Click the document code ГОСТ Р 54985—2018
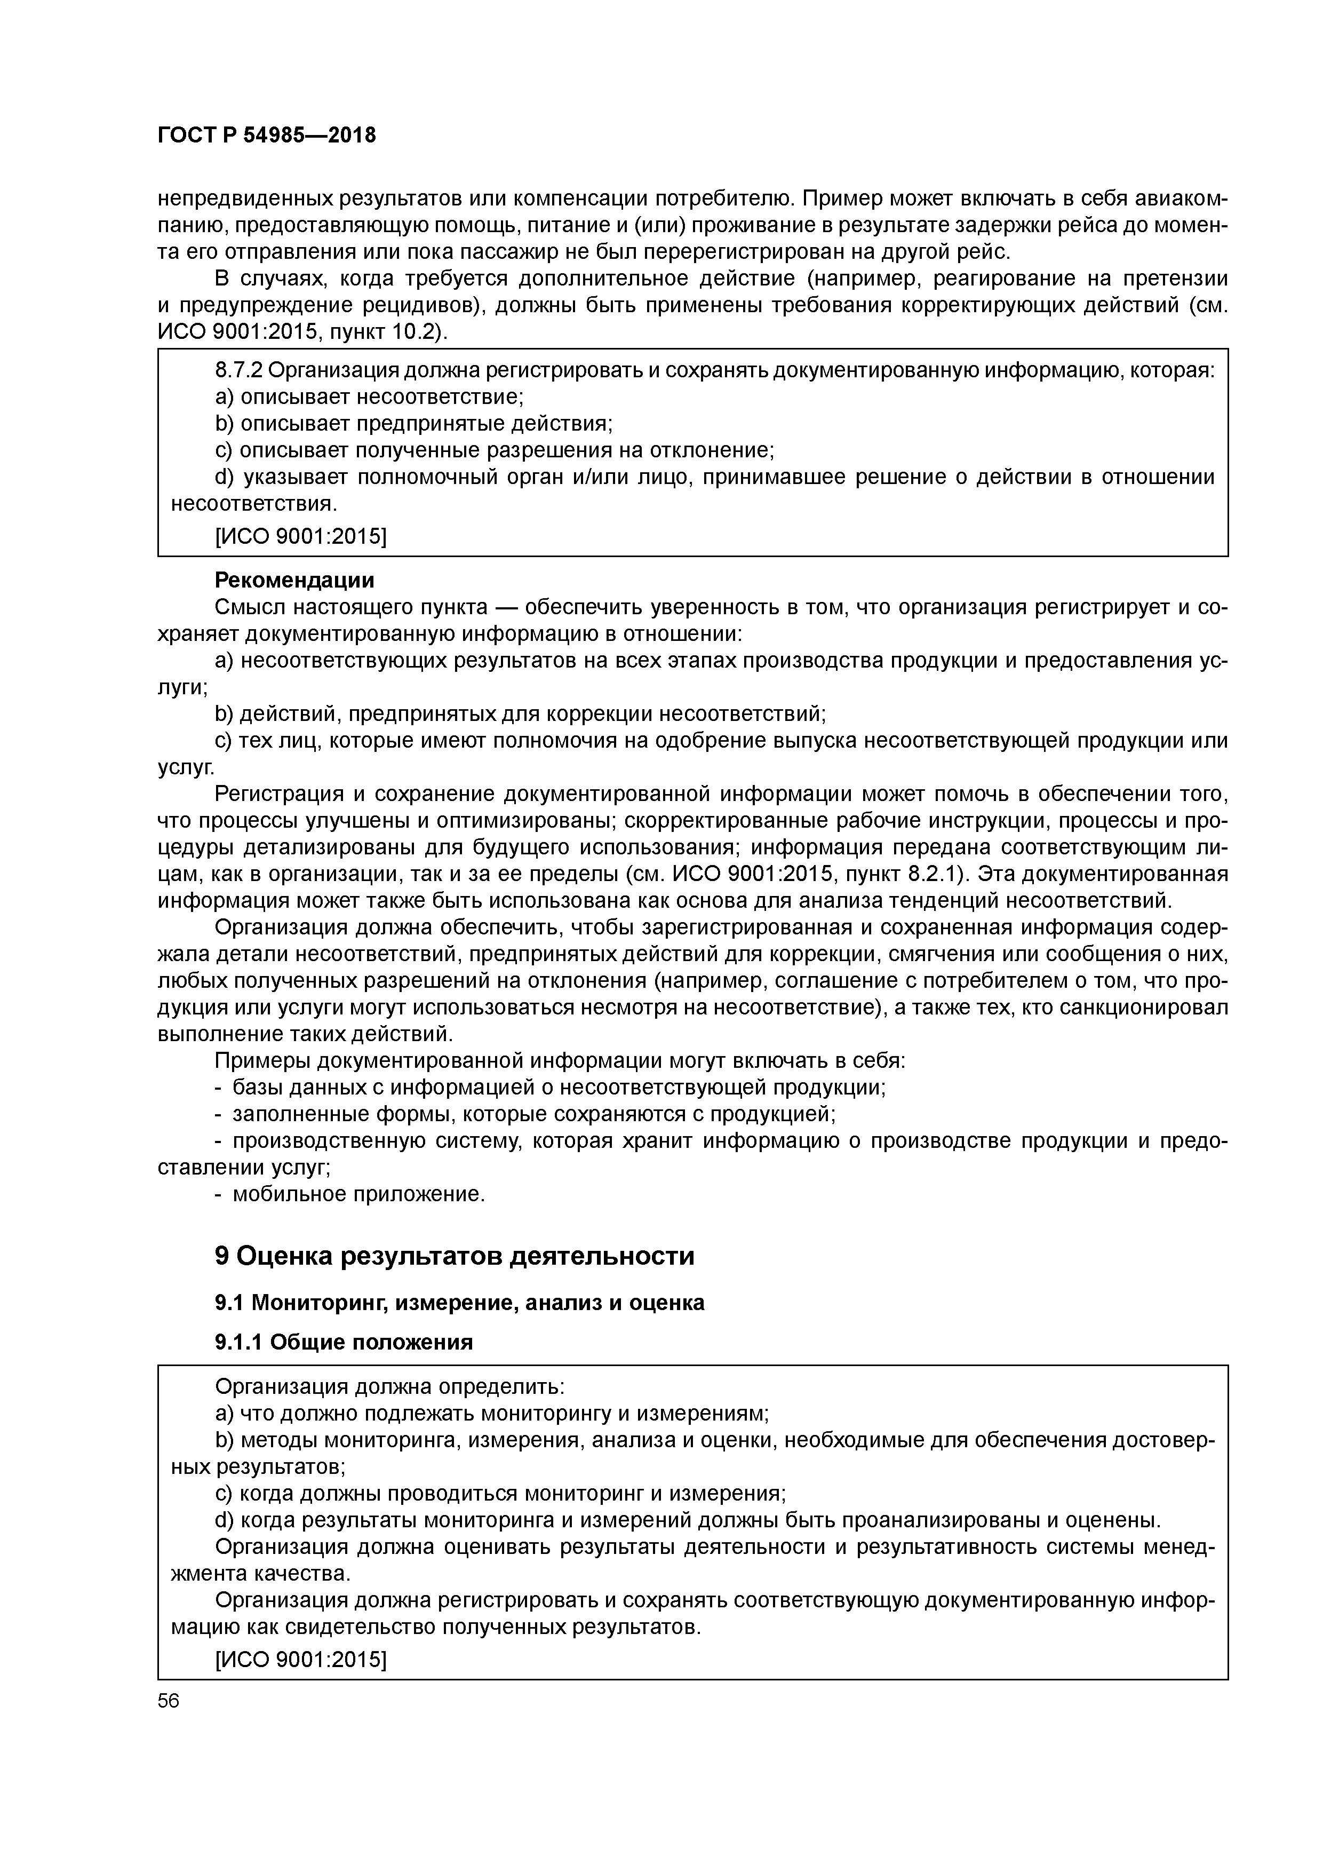click(x=267, y=136)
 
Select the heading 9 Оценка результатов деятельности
click(x=454, y=1256)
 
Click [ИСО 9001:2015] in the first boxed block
click(x=300, y=536)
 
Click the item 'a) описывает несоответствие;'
click(x=369, y=397)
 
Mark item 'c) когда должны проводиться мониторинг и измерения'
click(x=500, y=1494)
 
